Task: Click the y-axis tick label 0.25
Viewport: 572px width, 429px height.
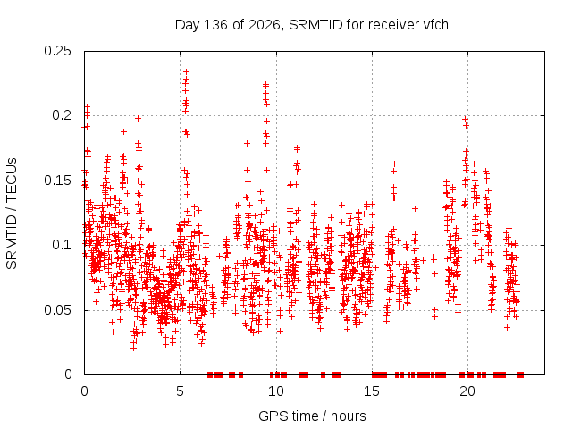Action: click(x=57, y=51)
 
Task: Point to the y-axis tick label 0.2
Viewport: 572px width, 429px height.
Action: click(x=62, y=115)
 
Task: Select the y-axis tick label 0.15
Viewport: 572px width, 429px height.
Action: click(x=57, y=181)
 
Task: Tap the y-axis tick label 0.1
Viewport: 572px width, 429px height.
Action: click(x=62, y=245)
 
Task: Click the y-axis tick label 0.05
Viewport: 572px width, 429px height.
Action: click(x=57, y=310)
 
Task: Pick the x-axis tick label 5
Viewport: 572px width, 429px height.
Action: click(x=180, y=391)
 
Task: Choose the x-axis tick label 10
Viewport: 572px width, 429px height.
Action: click(x=276, y=391)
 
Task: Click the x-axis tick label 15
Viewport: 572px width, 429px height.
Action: click(x=372, y=391)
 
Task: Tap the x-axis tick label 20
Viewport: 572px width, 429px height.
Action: click(x=467, y=391)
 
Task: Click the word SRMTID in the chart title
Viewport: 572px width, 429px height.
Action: click(x=315, y=25)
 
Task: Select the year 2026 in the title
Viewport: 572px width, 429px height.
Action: click(x=265, y=25)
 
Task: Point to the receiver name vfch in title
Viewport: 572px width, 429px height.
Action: click(x=435, y=25)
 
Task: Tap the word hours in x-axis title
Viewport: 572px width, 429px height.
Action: click(x=349, y=416)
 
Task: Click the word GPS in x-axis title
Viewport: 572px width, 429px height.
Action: click(x=268, y=416)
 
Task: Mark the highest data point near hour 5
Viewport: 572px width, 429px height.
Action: click(x=187, y=71)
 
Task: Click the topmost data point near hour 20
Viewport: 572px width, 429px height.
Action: click(x=465, y=119)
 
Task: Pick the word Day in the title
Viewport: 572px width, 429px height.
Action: click(x=187, y=25)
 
